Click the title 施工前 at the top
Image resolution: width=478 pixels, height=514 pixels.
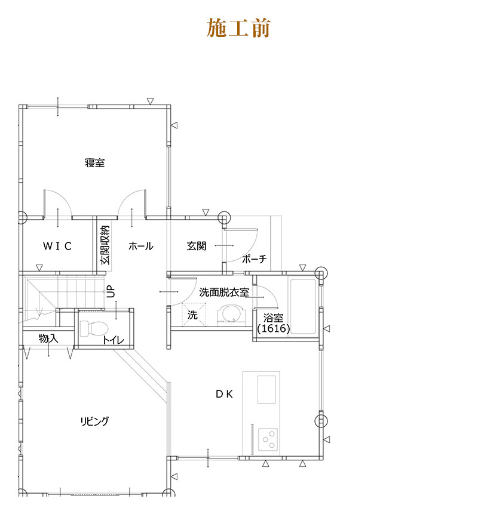(x=238, y=28)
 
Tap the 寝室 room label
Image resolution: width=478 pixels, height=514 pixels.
(x=95, y=162)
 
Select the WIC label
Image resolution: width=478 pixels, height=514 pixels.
(x=57, y=246)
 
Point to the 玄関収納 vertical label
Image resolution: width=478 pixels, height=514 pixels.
(x=105, y=245)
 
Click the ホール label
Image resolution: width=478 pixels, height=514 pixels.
(x=141, y=246)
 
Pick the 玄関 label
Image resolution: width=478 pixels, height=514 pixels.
(x=197, y=246)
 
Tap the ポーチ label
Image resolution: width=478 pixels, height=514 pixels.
(x=255, y=259)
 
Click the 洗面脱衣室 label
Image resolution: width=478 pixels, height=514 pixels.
(x=224, y=292)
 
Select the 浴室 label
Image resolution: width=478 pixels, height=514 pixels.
(x=273, y=318)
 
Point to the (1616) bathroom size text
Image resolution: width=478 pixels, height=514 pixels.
(x=274, y=328)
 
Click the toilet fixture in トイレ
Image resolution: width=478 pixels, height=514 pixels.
(x=94, y=328)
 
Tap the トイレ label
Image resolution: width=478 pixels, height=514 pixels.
(x=114, y=340)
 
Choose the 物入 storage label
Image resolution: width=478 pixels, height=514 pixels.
(x=48, y=338)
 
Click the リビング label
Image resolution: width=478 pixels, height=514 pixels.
(x=94, y=421)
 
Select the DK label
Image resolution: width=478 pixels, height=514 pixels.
(x=225, y=394)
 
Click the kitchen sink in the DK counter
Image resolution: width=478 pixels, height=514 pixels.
(x=266, y=389)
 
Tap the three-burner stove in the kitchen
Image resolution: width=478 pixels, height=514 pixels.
(x=268, y=439)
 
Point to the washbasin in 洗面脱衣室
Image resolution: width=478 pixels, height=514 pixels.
(x=231, y=315)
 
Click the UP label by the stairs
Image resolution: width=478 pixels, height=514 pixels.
(x=111, y=291)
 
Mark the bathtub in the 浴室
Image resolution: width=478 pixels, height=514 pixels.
(x=303, y=306)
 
